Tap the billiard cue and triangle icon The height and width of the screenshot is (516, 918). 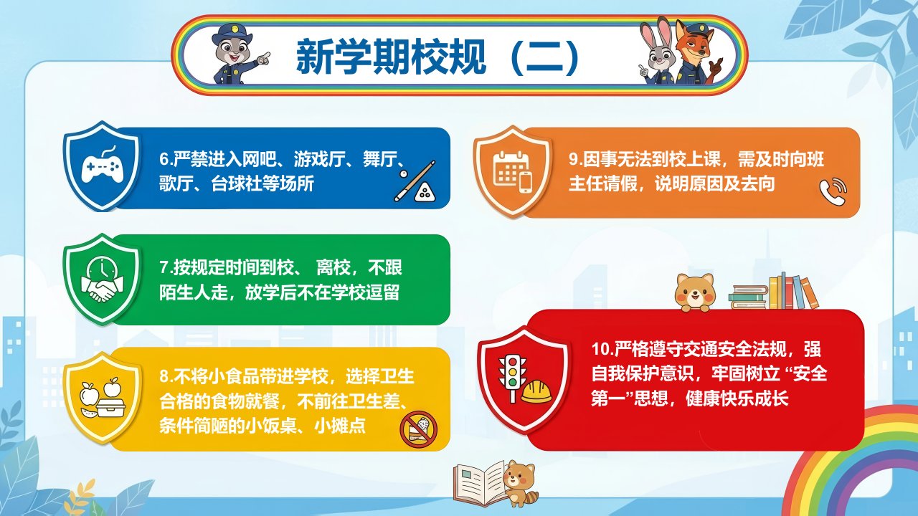415,181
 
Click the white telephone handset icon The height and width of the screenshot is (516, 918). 833,191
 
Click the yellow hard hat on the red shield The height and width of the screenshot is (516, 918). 536,391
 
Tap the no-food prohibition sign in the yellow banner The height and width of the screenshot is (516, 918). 418,429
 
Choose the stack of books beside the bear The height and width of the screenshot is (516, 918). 773,292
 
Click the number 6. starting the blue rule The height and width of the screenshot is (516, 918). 166,159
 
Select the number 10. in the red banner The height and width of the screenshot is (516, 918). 602,349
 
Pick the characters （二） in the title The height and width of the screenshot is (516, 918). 545,57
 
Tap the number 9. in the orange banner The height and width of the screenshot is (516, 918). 575,159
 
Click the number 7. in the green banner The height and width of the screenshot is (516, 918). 166,268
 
